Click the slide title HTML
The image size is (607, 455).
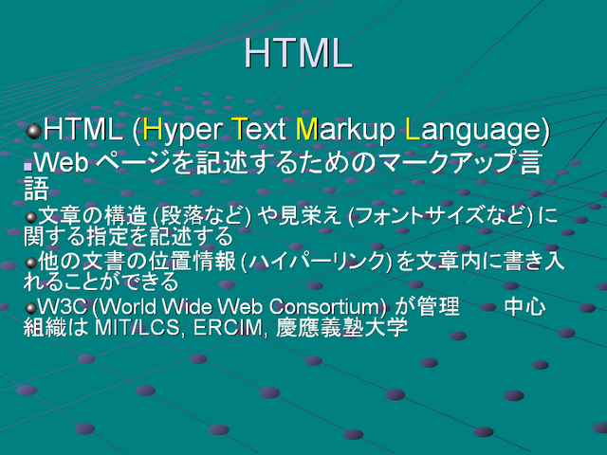point(298,53)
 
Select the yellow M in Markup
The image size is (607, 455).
point(306,129)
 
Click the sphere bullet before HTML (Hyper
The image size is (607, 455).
point(34,131)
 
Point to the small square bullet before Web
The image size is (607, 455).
point(28,167)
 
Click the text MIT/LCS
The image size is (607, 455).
point(137,327)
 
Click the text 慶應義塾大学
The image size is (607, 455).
point(342,327)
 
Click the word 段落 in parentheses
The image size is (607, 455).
point(182,216)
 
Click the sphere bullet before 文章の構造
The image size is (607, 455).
point(30,217)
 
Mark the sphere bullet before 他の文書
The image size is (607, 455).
point(30,264)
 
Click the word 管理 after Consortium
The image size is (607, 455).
point(437,307)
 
